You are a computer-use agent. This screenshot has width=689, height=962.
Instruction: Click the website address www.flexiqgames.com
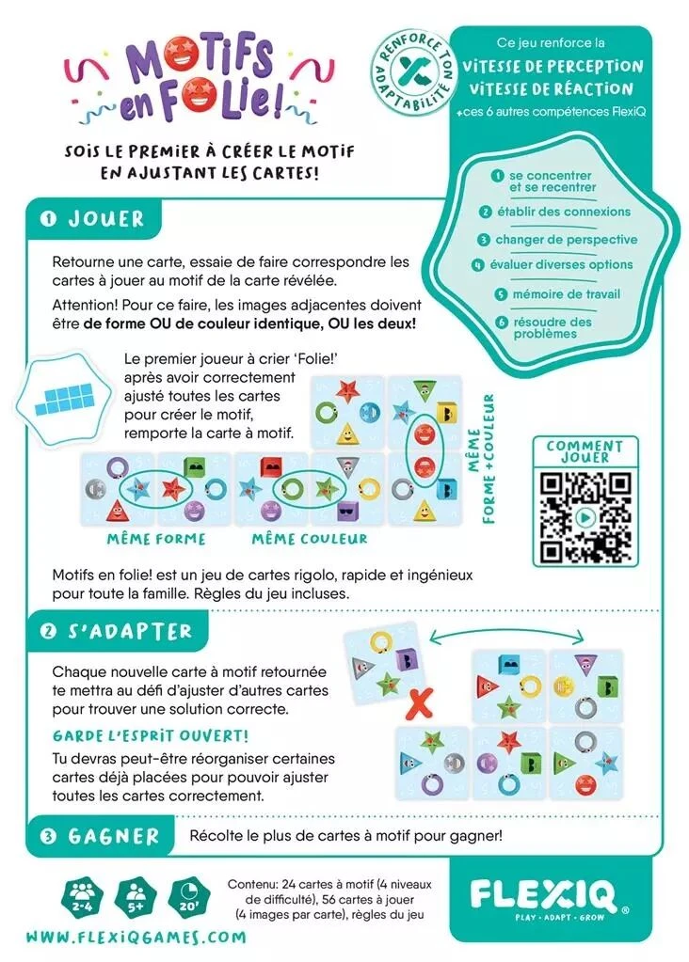(136, 937)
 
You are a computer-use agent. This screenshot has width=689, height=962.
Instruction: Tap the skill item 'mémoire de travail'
(565, 294)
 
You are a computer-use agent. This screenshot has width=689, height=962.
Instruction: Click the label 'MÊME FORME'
(156, 540)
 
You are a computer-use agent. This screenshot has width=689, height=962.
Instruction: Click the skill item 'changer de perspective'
(565, 240)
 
